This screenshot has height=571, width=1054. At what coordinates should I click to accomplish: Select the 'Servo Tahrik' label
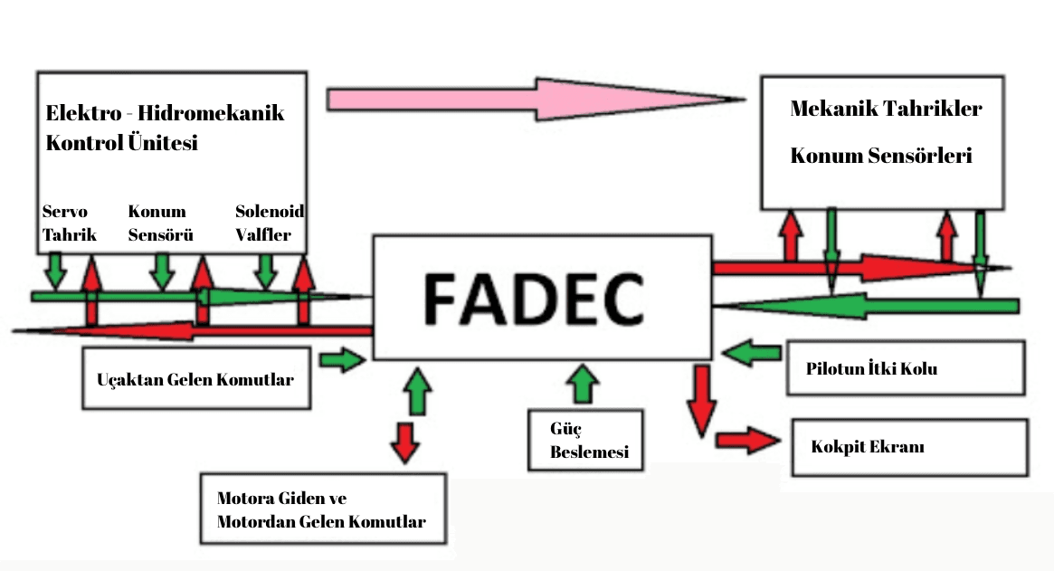click(65, 224)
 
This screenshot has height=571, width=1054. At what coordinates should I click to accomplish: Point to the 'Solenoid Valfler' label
click(270, 224)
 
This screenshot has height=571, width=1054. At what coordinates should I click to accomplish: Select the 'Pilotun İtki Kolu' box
click(906, 368)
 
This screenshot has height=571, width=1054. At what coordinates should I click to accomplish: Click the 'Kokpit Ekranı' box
click(909, 447)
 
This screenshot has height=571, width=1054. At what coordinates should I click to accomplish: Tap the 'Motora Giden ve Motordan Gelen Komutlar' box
click(323, 509)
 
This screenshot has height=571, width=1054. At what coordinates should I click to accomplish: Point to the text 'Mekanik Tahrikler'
click(886, 109)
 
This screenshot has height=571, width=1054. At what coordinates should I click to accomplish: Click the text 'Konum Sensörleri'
click(880, 156)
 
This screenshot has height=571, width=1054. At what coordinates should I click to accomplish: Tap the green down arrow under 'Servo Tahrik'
click(56, 269)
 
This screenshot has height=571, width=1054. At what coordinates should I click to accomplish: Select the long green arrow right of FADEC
click(869, 306)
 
